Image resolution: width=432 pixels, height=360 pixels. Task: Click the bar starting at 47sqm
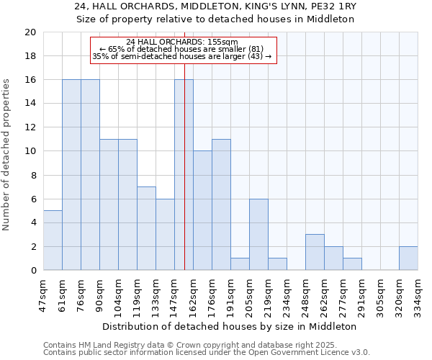pos(53,240)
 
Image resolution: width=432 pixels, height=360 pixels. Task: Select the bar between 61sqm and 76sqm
pos(71,175)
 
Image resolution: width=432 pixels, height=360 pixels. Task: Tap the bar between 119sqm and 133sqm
pos(146,228)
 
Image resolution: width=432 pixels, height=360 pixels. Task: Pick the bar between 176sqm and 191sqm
pos(221,204)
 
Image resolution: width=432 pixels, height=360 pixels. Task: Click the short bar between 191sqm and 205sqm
pos(240,264)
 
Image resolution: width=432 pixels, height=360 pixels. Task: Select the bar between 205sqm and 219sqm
pos(258,235)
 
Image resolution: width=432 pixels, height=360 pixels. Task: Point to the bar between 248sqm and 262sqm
pos(315,252)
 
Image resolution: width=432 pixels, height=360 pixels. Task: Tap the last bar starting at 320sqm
pos(408,258)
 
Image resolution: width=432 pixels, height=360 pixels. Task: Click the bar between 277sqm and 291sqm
pos(352,264)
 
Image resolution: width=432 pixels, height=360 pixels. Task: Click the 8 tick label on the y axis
pos(32,175)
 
